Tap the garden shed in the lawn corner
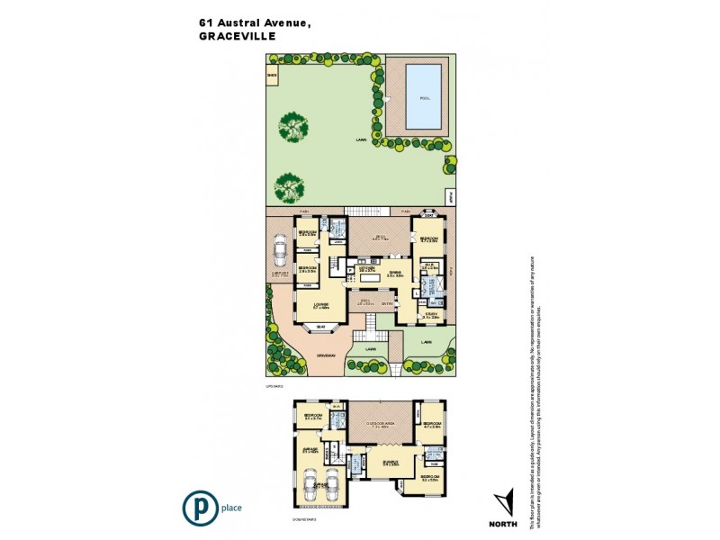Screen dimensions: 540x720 click(x=272, y=76)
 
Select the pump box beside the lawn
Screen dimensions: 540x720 click(x=450, y=194)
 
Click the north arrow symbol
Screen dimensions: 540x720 click(x=504, y=500)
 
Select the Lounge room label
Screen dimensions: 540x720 click(x=320, y=305)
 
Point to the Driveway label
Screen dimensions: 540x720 click(x=326, y=355)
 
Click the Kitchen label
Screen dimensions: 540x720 click(x=366, y=268)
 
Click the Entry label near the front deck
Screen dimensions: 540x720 click(x=387, y=303)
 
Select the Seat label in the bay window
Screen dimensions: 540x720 click(x=321, y=328)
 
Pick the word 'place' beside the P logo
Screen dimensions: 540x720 click(x=231, y=508)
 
